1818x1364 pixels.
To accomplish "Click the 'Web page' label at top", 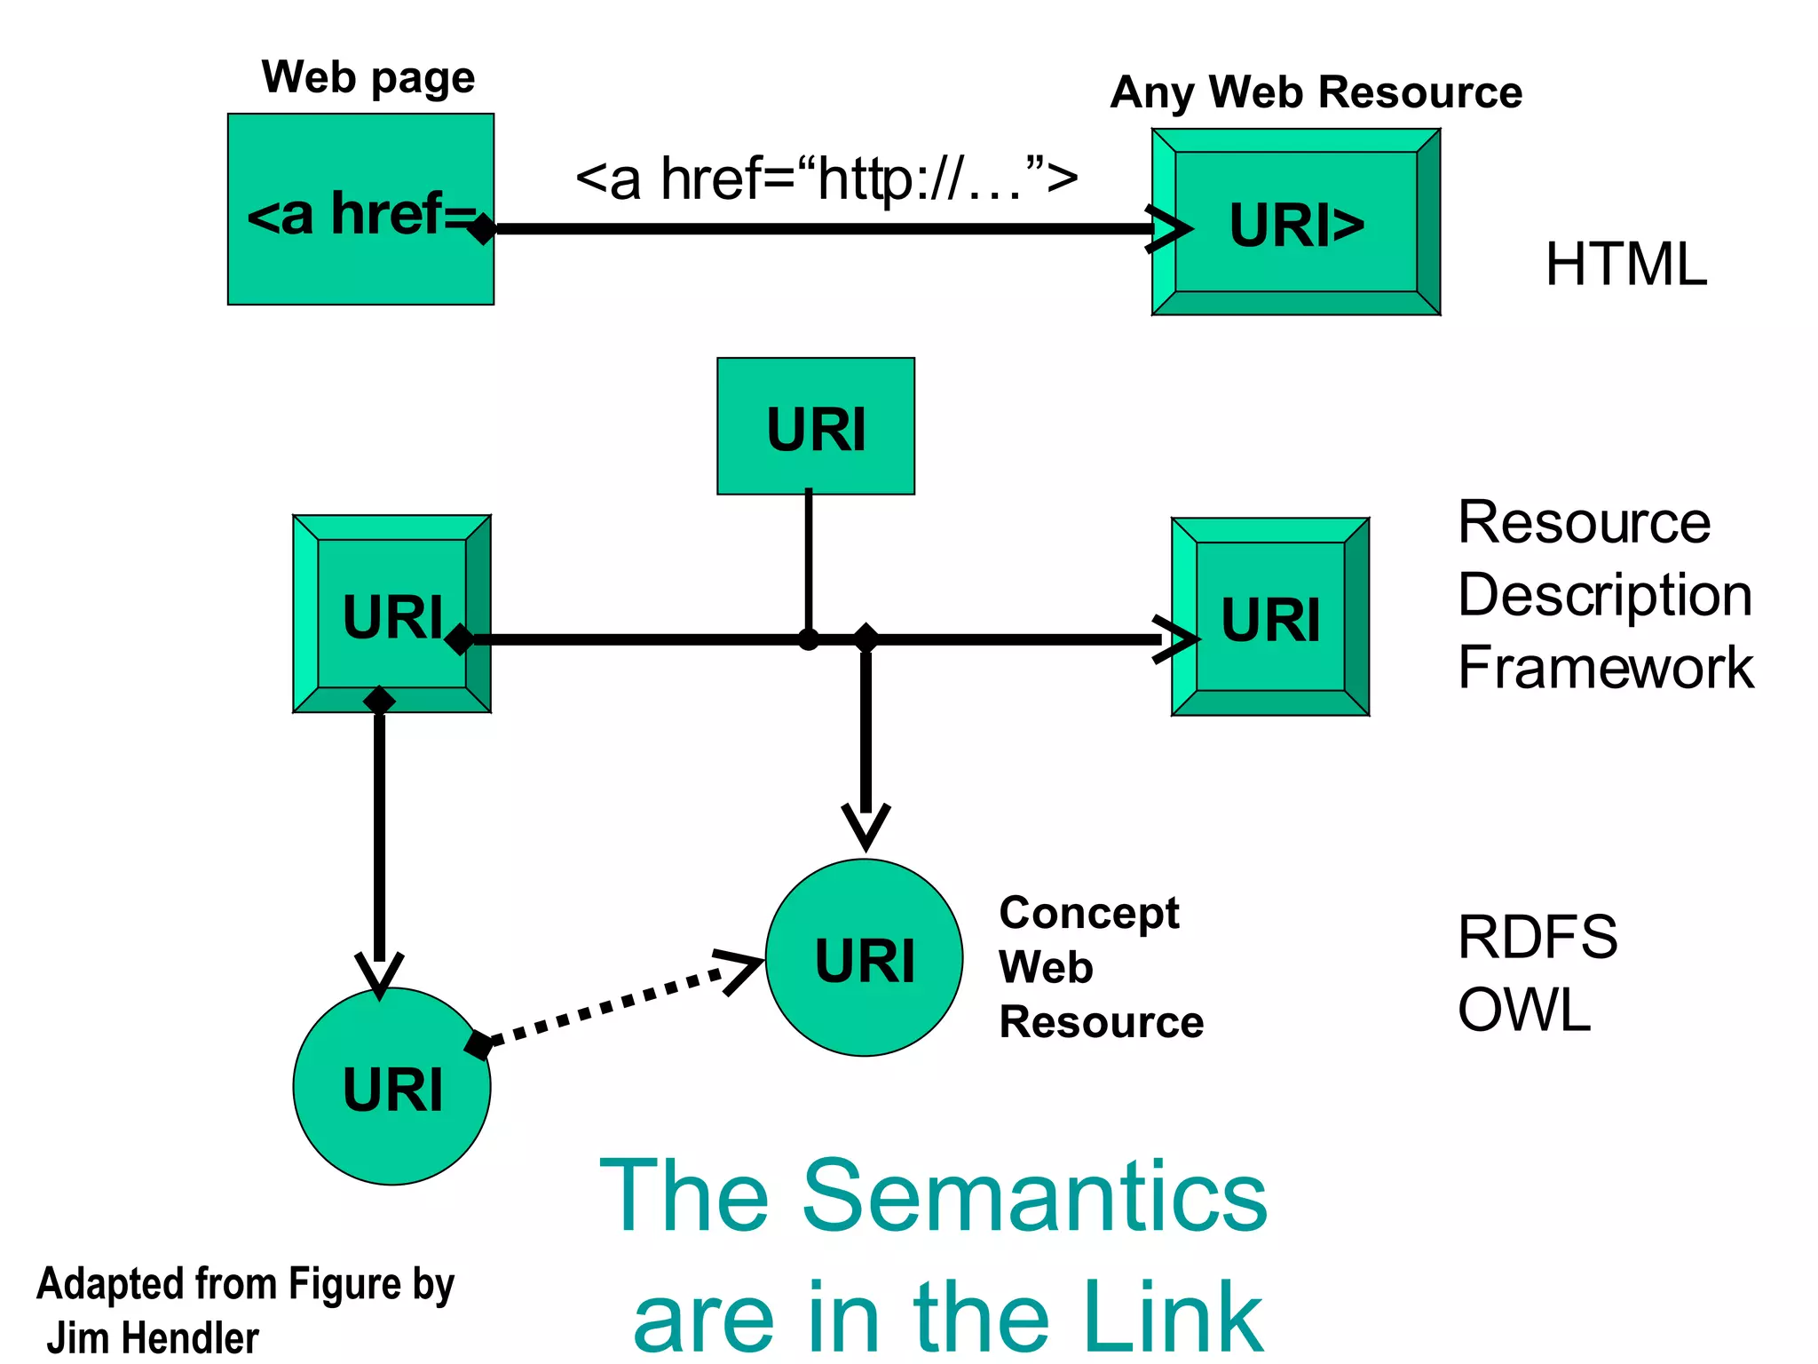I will (x=368, y=78).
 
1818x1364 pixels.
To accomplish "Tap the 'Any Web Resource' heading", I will (x=1316, y=92).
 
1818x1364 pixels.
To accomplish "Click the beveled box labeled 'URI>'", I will (x=1296, y=222).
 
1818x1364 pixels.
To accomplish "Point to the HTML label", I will (x=1625, y=265).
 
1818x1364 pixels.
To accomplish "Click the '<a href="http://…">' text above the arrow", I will (x=826, y=178).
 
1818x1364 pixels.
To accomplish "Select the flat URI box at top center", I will (x=815, y=426).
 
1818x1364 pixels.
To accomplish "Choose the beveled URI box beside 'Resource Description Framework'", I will (x=1270, y=617).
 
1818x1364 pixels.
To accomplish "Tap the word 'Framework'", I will (x=1605, y=668).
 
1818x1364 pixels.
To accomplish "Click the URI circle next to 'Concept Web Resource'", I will (x=864, y=958).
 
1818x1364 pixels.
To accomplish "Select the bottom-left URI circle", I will (x=391, y=1087).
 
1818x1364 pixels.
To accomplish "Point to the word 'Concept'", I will (x=1088, y=913).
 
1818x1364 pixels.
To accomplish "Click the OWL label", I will (x=1523, y=1010).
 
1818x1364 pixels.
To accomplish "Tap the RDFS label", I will (x=1537, y=937).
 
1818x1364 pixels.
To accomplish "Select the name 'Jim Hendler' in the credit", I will (x=153, y=1337).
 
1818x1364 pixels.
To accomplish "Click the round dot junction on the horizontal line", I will (x=808, y=639).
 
